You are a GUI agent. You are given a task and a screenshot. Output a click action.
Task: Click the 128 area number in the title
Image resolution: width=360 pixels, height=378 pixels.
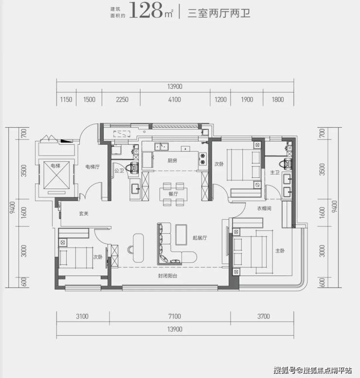coord(146,10)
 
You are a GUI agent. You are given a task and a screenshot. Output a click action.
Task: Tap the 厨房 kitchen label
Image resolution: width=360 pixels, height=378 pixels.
coord(172,160)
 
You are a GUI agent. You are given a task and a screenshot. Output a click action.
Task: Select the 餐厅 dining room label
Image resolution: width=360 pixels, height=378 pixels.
coord(173,194)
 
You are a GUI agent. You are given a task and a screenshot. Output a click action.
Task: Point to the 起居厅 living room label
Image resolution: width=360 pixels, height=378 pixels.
coord(199,238)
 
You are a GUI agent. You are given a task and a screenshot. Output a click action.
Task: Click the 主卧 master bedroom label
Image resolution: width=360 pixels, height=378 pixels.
coord(280,251)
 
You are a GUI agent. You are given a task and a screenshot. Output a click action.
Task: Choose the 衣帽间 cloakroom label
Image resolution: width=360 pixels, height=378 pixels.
coord(264,208)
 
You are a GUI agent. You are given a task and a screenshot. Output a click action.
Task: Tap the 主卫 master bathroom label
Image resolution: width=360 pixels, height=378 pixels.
coord(275,172)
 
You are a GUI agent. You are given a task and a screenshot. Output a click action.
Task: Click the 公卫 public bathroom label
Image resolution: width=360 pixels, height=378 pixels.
coord(119,171)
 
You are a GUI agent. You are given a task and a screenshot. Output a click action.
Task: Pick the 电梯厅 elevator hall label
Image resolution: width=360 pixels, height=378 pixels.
coord(93,167)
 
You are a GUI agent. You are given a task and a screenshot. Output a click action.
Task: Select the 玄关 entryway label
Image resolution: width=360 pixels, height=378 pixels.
coord(84,213)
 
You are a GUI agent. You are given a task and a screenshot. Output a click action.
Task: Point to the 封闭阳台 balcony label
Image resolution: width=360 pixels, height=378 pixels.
coord(167,276)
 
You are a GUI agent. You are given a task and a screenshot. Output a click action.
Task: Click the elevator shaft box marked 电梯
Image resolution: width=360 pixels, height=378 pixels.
coord(56,175)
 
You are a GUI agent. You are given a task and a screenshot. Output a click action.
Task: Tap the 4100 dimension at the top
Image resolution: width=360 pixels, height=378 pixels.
coord(175,100)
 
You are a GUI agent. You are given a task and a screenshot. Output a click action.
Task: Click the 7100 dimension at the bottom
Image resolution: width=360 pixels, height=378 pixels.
coord(175,316)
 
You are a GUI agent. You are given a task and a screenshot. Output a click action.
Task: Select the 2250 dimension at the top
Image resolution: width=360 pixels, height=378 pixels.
coord(122,100)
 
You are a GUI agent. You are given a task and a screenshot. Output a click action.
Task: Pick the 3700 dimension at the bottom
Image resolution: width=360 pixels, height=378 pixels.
coord(263,316)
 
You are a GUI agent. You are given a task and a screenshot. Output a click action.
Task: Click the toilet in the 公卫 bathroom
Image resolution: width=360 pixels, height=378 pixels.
coord(132,167)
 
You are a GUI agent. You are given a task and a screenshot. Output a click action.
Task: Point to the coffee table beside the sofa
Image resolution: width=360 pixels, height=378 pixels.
coord(181,235)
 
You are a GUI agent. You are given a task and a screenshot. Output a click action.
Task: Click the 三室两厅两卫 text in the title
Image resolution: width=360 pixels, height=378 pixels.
coord(219,13)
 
